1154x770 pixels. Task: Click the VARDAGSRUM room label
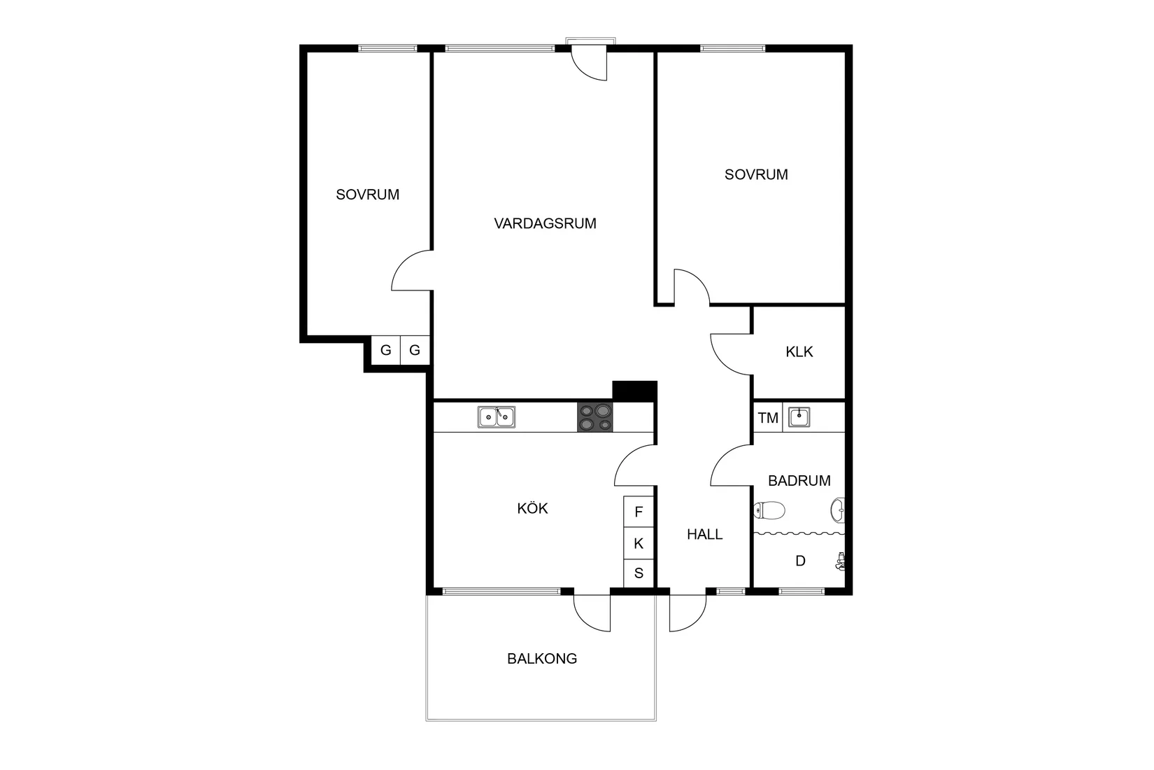click(545, 224)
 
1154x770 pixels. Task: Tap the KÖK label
click(532, 508)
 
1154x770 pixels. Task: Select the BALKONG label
click(542, 659)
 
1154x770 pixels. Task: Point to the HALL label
click(704, 535)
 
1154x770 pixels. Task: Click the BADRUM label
click(799, 481)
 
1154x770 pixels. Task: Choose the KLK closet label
click(799, 352)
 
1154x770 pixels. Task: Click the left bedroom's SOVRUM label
click(367, 195)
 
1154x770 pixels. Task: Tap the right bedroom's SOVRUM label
click(756, 174)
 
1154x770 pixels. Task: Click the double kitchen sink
click(496, 417)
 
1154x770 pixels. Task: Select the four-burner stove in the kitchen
click(594, 417)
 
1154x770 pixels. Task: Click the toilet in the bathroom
click(769, 510)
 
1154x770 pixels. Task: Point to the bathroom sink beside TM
click(799, 417)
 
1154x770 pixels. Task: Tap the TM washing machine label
click(768, 418)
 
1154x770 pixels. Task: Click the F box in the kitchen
click(639, 512)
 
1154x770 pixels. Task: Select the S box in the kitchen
click(639, 574)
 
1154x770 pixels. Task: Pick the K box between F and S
click(639, 543)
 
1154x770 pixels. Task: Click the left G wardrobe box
click(385, 350)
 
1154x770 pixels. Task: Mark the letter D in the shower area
click(801, 561)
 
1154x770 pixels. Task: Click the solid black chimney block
click(634, 391)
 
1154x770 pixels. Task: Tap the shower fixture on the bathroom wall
click(841, 561)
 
